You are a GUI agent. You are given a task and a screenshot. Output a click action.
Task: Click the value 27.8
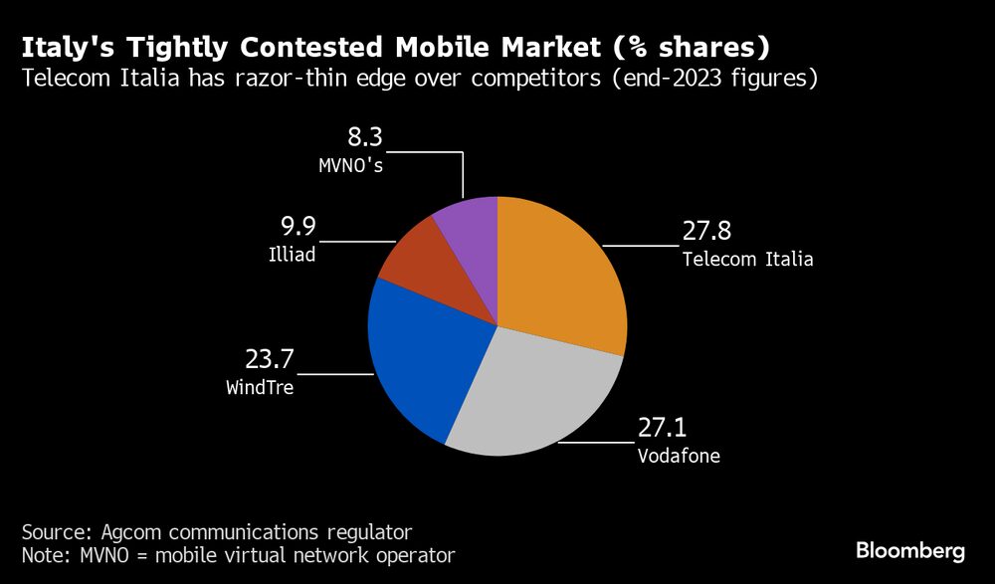[x=707, y=232]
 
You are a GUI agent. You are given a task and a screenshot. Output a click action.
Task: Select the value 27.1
[x=662, y=430]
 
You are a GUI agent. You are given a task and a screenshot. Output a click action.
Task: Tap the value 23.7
[x=270, y=359]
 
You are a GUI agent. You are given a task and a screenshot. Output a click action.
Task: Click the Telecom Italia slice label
[x=747, y=260]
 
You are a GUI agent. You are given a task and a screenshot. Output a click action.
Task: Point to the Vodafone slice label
[x=678, y=458]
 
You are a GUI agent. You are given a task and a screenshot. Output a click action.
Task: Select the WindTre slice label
[x=260, y=388]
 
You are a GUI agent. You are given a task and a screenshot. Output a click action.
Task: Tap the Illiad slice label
[x=292, y=255]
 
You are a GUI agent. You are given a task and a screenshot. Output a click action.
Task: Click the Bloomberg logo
[x=909, y=551]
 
